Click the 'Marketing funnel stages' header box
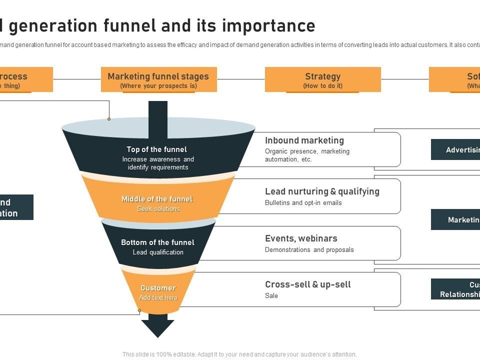point(158,79)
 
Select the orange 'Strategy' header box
point(322,79)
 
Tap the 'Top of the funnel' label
point(156,149)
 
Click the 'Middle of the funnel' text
point(157,199)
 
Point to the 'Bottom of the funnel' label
point(157,242)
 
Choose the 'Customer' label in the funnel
point(158,288)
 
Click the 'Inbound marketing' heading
point(304,140)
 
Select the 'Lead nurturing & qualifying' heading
point(322,191)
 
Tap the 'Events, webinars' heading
point(301,238)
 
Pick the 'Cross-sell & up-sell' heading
point(308,284)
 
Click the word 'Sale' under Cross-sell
point(271,296)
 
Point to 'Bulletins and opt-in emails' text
point(303,203)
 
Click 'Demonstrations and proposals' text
point(309,250)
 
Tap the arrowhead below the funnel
point(157,328)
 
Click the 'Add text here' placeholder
point(158,298)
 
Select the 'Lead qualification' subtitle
point(158,252)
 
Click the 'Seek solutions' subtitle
point(158,209)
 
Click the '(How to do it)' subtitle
point(322,86)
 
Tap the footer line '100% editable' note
point(239,354)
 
